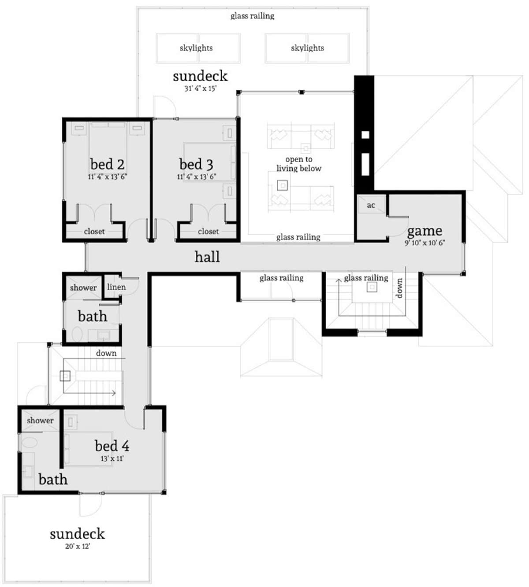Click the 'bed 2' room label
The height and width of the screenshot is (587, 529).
[x=107, y=164]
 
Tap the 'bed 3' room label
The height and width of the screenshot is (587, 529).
[x=196, y=164]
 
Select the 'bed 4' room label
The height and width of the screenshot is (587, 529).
[x=112, y=446]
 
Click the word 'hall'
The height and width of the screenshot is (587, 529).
[x=207, y=257]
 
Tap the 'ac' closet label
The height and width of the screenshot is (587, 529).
[x=371, y=205]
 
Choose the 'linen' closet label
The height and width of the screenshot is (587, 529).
[x=116, y=287]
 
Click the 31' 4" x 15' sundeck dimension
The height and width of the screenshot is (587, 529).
[x=201, y=89]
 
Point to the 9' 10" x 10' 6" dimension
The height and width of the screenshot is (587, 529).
[x=425, y=243]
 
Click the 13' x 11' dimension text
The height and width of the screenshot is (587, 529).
[x=112, y=458]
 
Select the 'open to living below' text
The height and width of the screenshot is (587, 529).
[x=298, y=163]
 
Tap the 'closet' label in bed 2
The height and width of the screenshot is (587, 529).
[x=94, y=232]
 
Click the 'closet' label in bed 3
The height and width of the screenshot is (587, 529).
[x=208, y=232]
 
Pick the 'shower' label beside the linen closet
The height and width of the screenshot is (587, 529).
[x=83, y=288]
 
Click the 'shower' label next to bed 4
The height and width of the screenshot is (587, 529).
[x=40, y=420]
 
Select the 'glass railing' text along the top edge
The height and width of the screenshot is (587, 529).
[x=252, y=16]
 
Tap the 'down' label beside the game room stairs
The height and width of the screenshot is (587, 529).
[x=399, y=288]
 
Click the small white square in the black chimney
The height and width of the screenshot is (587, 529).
[x=365, y=135]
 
